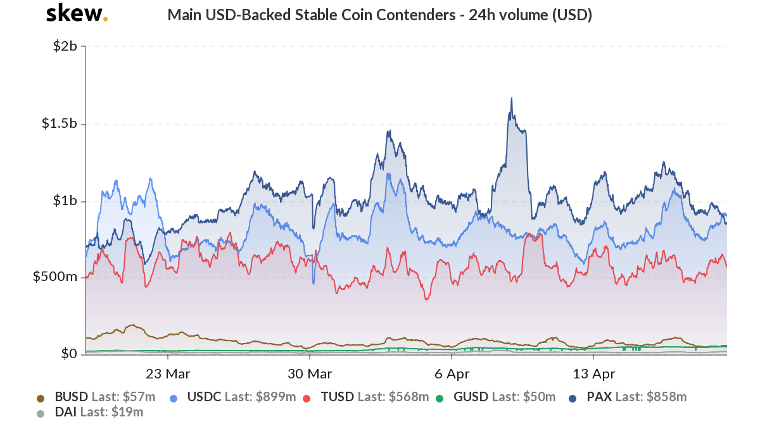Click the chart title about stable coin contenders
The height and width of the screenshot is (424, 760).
point(379,15)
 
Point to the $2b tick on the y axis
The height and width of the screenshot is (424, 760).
point(65,46)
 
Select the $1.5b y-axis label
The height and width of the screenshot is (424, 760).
point(59,123)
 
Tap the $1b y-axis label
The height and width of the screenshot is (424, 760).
point(65,201)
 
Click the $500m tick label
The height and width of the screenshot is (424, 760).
point(55,277)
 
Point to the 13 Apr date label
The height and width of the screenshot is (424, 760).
point(595,373)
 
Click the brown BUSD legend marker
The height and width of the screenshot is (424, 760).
point(41,398)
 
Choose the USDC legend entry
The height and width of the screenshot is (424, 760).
point(204,397)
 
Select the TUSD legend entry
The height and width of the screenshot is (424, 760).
point(339,397)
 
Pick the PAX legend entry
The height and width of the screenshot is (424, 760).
point(598,397)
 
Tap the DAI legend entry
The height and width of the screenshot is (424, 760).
point(66,413)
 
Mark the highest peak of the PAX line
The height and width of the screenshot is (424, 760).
point(511,98)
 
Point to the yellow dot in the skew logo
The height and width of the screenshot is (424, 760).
point(105,18)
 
